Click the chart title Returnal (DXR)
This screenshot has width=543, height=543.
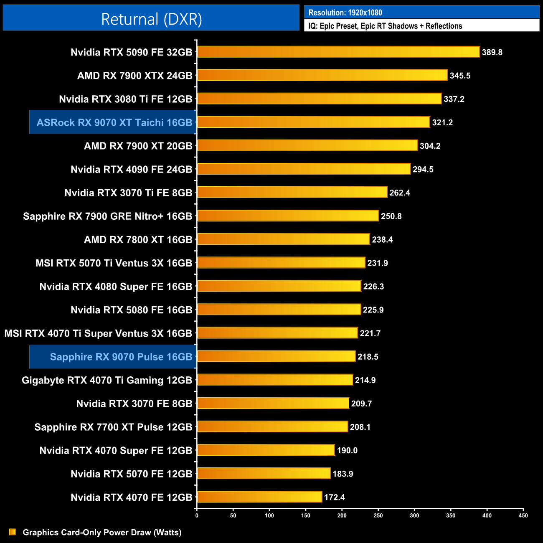(151, 19)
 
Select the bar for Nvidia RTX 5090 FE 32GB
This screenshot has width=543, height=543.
(338, 52)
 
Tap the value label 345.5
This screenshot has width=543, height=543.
(460, 76)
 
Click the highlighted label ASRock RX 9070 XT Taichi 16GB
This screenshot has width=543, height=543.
(114, 122)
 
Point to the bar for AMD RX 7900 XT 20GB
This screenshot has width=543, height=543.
(307, 145)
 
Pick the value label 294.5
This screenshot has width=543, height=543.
(423, 169)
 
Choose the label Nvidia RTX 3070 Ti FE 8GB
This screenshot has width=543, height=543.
(128, 193)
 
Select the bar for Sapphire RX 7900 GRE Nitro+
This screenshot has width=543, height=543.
(288, 216)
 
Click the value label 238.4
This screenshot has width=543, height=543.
(382, 240)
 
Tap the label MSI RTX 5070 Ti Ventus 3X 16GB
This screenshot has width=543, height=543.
(114, 263)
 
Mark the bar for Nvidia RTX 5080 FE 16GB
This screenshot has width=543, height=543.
(279, 310)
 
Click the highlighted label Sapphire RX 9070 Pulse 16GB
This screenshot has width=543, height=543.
(121, 357)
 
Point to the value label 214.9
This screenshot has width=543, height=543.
(365, 380)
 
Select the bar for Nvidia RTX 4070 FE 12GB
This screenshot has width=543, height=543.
(259, 497)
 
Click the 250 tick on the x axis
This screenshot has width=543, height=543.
(378, 515)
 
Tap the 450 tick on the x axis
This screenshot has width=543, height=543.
(523, 515)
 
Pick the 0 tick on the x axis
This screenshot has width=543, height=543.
(197, 515)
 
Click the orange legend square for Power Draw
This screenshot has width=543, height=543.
(13, 532)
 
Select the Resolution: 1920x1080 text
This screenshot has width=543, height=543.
(345, 13)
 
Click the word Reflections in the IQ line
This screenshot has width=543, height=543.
(444, 26)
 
